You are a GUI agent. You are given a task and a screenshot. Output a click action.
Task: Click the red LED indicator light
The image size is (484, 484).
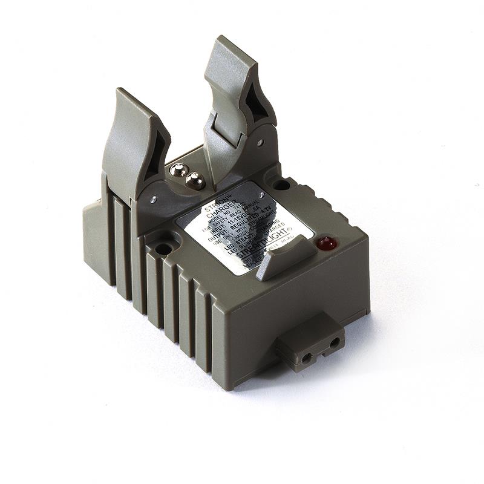(x=326, y=244)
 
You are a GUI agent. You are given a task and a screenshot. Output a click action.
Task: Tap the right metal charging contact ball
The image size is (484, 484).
(x=194, y=180)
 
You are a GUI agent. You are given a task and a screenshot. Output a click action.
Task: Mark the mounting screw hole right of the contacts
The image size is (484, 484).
(x=280, y=184)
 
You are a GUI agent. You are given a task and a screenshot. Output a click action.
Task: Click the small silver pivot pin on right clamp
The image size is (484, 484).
(x=260, y=143)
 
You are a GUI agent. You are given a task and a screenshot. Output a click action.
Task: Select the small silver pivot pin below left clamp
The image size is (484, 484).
(x=154, y=198)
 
